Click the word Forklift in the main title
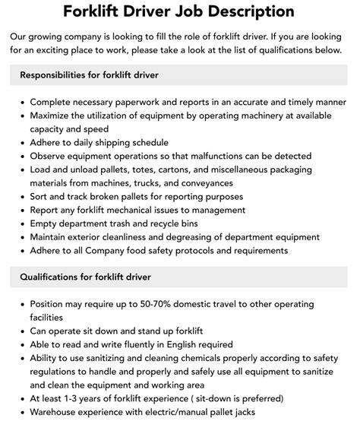coord(99,11)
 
